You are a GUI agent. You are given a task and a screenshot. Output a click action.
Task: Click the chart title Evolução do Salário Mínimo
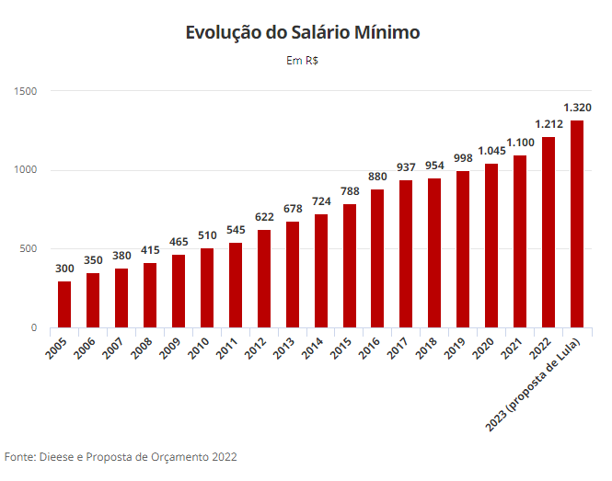click(x=303, y=33)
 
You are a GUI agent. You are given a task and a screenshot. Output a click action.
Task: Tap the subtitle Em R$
click(x=302, y=61)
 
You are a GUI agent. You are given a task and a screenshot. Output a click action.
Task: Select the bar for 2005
click(x=64, y=303)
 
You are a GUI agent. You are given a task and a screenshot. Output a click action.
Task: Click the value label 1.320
click(x=577, y=108)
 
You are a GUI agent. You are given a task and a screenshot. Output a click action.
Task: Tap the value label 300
click(x=64, y=269)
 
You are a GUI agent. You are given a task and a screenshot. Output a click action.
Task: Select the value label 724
click(x=321, y=201)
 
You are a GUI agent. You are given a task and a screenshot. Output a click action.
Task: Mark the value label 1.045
click(x=491, y=151)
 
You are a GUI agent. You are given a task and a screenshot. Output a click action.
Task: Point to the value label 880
click(x=377, y=177)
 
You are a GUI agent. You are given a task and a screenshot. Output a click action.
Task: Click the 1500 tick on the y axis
click(x=25, y=91)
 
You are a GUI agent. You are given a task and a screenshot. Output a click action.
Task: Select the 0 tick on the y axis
click(x=33, y=328)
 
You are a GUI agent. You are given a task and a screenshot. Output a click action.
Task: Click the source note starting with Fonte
click(x=120, y=456)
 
